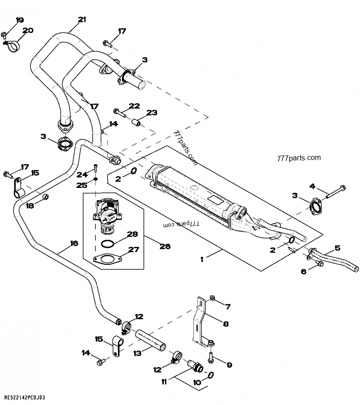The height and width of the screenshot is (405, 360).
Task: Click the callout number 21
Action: click(81, 19)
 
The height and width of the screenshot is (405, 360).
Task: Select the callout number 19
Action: click(20, 20)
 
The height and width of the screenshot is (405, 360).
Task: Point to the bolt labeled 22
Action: click(118, 111)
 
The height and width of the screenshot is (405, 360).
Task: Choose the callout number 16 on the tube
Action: click(74, 243)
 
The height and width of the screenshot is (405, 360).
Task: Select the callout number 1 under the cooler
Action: click(202, 258)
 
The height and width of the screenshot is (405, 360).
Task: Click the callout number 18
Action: click(30, 205)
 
